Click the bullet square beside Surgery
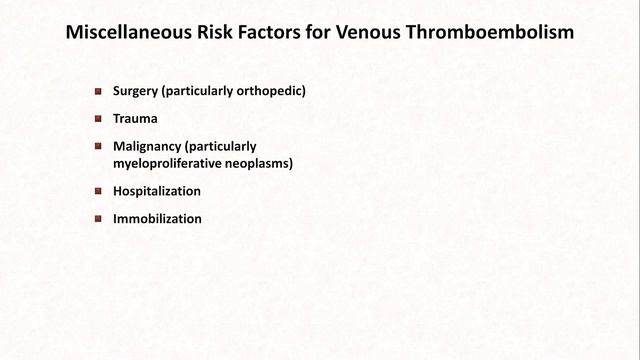pos(98,91)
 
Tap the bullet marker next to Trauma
pos(98,118)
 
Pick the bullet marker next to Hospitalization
pos(98,190)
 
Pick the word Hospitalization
pos(157,190)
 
